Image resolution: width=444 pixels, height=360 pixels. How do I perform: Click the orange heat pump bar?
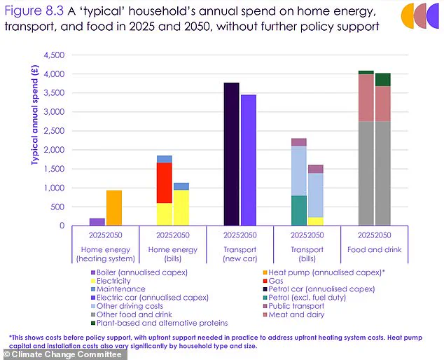tap(114, 208)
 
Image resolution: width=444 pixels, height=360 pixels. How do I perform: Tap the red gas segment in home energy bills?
tap(165, 182)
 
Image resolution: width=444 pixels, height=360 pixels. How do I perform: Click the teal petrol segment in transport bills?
tap(299, 210)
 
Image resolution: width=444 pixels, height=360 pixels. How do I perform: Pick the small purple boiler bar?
tap(97, 222)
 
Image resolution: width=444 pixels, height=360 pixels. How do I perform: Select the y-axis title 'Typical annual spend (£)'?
tap(33, 112)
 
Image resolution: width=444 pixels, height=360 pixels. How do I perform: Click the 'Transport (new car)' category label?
tap(240, 252)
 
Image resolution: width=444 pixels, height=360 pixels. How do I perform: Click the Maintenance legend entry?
tap(121, 289)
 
